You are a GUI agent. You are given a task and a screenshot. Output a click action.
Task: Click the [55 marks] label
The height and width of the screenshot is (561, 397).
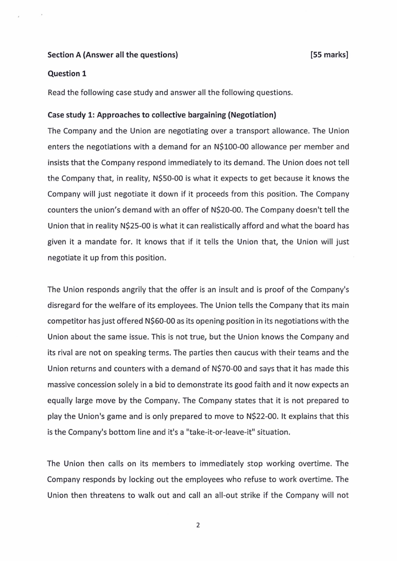pyautogui.click(x=328, y=55)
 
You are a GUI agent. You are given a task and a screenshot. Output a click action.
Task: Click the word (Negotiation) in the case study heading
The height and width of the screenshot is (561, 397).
pyautogui.click(x=251, y=115)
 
